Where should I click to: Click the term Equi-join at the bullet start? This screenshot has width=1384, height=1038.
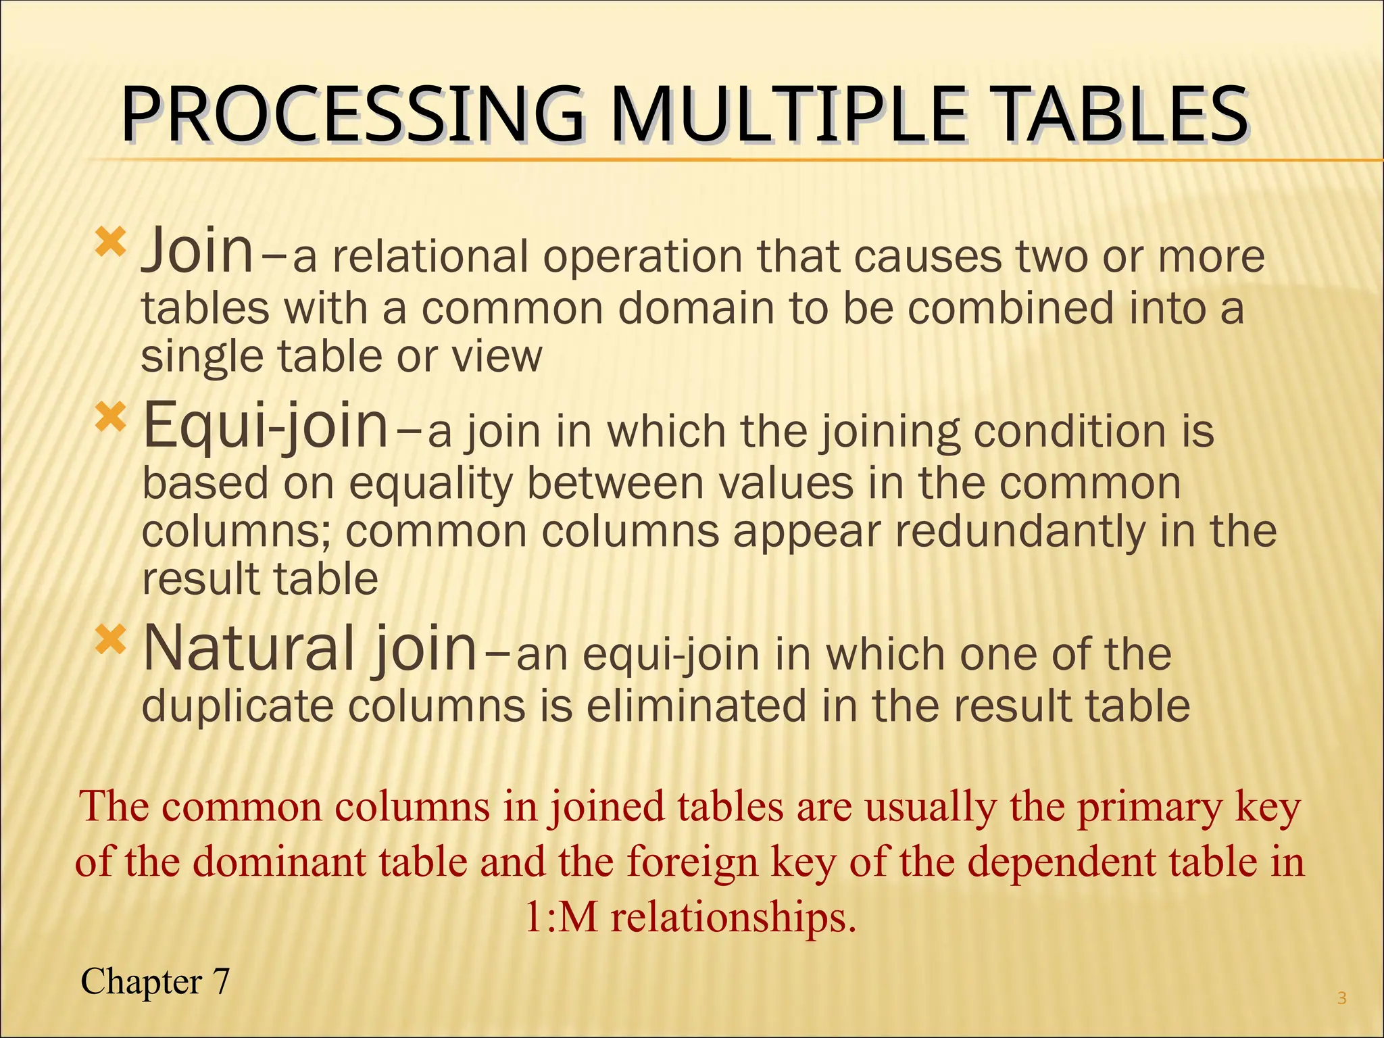[266, 426]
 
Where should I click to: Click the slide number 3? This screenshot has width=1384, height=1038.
[1341, 998]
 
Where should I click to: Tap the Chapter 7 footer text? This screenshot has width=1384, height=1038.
[155, 981]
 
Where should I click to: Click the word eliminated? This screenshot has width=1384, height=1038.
[697, 706]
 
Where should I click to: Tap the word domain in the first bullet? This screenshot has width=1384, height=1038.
[696, 309]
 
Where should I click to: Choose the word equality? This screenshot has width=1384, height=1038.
[431, 484]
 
